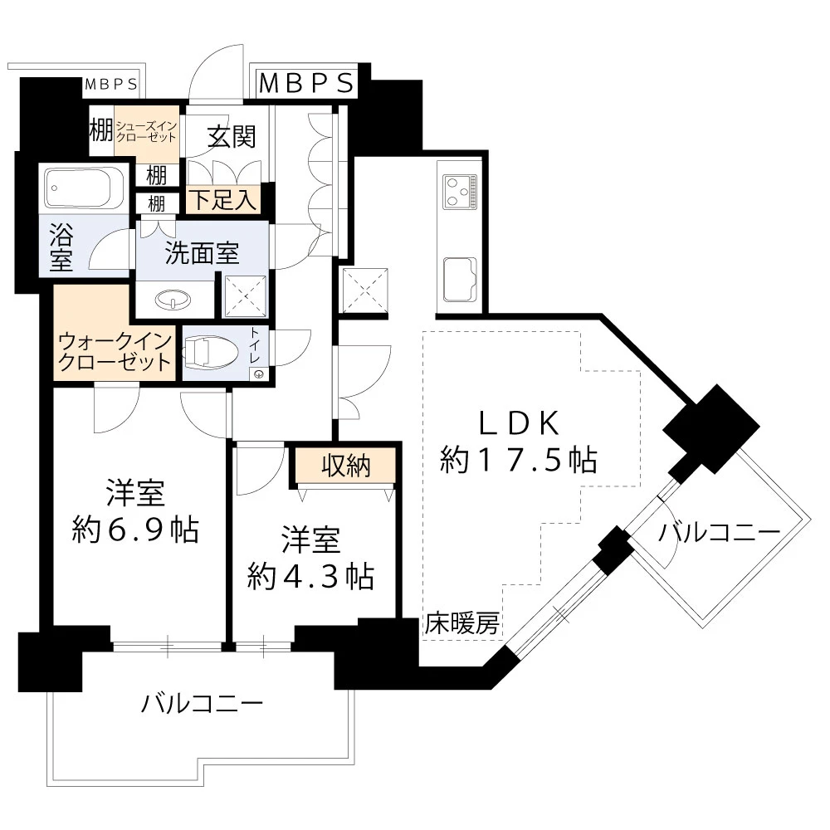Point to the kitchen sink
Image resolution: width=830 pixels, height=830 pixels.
coord(459,278)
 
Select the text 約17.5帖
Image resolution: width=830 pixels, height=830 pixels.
coord(519,459)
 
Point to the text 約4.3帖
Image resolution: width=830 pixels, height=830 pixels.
coord(310,575)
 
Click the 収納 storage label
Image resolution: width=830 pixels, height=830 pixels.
coord(345,466)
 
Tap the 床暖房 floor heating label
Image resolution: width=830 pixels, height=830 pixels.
coord(462,624)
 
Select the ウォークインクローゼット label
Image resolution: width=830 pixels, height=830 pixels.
coord(115,352)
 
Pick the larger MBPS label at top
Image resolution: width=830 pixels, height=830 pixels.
coord(307,83)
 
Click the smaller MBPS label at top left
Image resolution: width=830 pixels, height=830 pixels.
coord(111,85)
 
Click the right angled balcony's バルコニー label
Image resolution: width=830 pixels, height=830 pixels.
coord(719,533)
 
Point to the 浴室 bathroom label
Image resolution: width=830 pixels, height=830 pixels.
coord(61,247)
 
